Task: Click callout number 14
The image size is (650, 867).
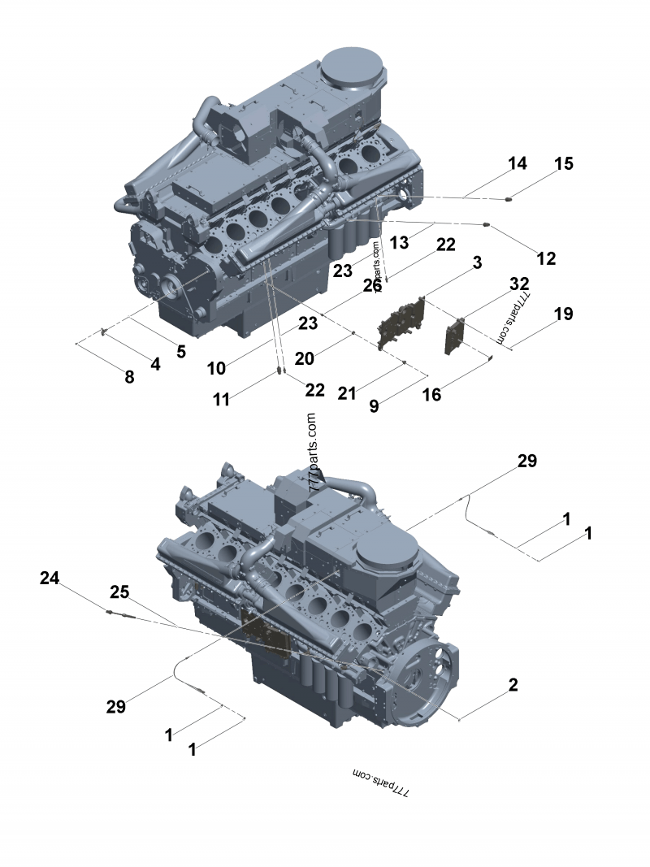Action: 518,163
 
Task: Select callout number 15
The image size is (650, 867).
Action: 564,163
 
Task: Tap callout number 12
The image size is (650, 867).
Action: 546,258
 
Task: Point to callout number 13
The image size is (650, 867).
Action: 399,242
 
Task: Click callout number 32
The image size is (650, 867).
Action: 519,284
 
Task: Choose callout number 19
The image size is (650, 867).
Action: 563,314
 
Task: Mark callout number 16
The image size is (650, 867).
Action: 431,394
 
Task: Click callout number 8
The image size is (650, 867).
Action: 129,376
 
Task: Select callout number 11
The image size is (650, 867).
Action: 221,399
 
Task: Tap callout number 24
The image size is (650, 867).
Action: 50,578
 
